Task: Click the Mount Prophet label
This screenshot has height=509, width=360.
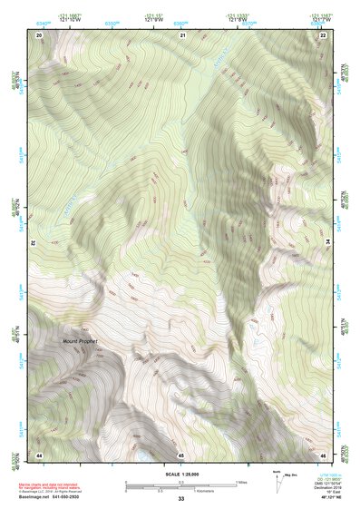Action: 78,341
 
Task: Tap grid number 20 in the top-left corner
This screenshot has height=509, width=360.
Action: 39,34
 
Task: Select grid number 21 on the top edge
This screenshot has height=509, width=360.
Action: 182,34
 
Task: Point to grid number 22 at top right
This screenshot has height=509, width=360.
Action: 323,34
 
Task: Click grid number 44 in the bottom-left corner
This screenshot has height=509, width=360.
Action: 39,454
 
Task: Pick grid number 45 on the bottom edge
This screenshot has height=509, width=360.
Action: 181,454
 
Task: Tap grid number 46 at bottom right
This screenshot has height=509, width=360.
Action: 323,454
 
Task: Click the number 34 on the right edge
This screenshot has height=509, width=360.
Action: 328,243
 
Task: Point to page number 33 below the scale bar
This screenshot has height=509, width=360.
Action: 180,500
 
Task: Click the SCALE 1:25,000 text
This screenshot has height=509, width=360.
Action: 180,475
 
